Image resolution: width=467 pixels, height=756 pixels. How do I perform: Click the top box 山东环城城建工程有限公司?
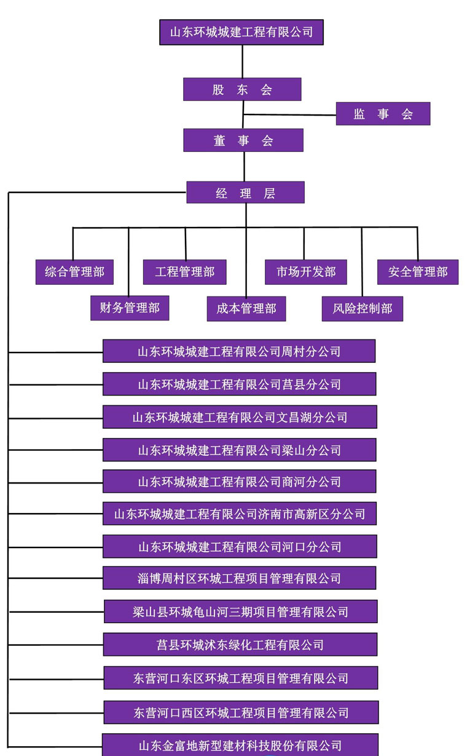point(241,32)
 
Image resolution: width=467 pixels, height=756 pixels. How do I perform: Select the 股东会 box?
point(242,89)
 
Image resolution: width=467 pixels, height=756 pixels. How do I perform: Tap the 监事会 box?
point(383,114)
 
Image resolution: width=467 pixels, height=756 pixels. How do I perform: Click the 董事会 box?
point(243,140)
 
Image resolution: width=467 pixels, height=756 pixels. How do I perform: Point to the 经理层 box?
point(245,193)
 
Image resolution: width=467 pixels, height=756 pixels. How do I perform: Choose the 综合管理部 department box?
point(74,272)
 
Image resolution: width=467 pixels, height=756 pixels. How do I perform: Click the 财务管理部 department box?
point(129,308)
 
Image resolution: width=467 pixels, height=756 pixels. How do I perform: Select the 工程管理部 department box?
point(184,272)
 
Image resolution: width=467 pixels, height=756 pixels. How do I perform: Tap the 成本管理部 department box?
point(246,308)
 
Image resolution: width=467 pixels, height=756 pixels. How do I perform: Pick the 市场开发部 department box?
point(305,272)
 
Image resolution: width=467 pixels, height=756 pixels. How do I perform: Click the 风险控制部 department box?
point(363,308)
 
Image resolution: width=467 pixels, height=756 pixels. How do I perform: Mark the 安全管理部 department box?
point(417,272)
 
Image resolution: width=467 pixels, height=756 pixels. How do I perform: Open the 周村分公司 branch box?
point(239,351)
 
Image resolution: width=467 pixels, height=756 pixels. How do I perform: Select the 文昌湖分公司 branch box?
point(240,417)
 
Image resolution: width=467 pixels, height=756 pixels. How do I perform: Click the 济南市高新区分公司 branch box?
point(240,514)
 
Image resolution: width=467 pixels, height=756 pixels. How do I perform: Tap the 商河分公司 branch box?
point(239,482)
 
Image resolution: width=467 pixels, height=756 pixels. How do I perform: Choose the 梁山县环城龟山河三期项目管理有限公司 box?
point(240,611)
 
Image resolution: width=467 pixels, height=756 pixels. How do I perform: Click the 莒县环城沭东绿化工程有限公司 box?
point(240,645)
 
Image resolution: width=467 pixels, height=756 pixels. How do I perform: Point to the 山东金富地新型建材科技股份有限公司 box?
point(240,746)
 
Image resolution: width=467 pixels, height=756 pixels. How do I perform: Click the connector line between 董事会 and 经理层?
point(244,166)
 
